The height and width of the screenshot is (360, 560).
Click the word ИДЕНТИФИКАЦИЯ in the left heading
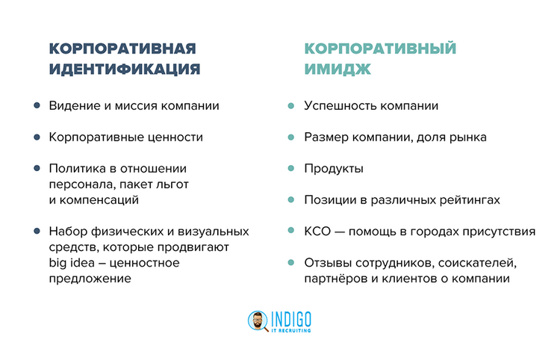click(125, 69)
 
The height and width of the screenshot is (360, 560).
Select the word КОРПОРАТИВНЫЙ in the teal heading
click(380, 49)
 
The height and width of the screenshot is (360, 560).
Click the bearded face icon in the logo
click(258, 321)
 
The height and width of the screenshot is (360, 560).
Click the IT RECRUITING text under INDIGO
click(292, 329)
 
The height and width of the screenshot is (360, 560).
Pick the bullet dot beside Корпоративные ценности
click(36, 137)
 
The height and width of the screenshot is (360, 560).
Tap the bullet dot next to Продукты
click(290, 169)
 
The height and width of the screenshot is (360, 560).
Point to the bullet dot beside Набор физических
click(36, 232)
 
